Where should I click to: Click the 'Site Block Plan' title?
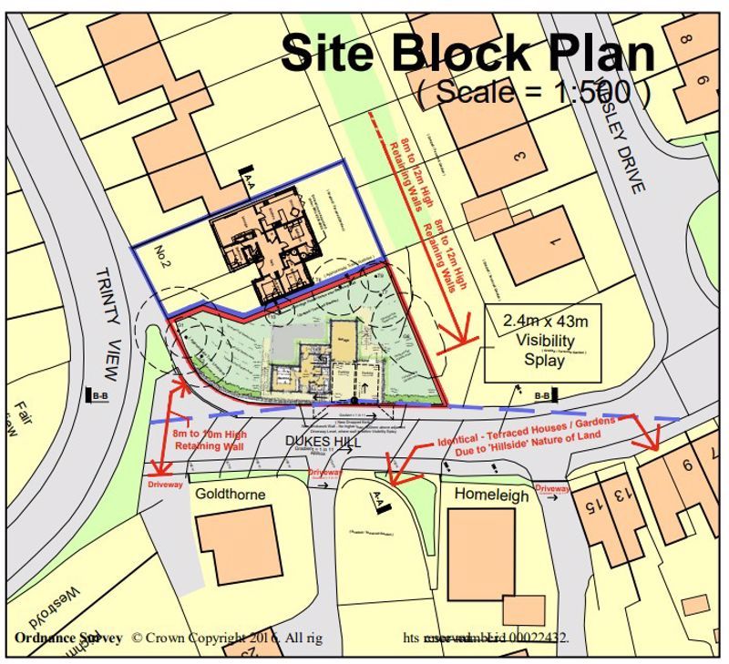467,54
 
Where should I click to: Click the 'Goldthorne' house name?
231,495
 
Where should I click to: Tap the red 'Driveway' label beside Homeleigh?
552,490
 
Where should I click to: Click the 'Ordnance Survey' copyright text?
67,638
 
